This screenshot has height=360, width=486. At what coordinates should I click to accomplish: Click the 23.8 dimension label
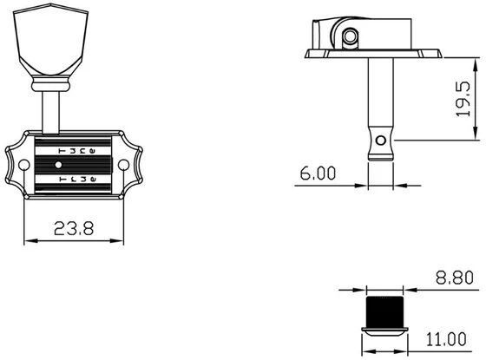(x=74, y=228)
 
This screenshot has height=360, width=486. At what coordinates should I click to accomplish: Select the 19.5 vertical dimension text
(x=463, y=99)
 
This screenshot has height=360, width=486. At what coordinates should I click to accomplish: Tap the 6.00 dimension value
(x=318, y=173)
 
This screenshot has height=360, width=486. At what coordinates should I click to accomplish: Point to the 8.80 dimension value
(x=455, y=278)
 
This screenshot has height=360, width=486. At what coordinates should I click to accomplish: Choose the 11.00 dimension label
(x=446, y=339)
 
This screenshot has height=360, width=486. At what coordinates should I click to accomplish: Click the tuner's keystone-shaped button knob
(x=51, y=39)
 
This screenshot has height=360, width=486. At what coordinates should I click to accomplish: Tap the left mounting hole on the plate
(x=24, y=165)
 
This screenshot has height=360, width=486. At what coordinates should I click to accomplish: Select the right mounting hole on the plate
(x=123, y=165)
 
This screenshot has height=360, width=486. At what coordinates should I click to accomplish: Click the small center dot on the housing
(x=58, y=165)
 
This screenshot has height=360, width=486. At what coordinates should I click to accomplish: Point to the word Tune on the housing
(x=77, y=151)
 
